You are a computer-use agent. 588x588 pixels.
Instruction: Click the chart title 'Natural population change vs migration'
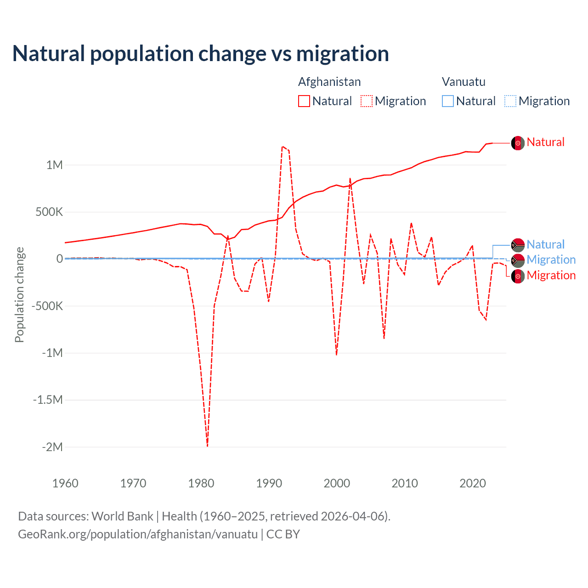tap(200, 54)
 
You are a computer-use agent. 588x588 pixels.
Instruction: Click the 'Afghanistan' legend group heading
tap(329, 82)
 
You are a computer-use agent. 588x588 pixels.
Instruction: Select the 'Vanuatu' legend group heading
tap(464, 82)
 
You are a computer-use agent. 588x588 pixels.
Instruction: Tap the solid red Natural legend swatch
tap(304, 101)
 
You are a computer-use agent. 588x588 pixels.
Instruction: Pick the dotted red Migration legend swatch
tap(367, 101)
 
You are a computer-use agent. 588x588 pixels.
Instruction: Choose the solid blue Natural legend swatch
tap(448, 101)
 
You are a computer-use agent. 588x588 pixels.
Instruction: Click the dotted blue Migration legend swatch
tap(510, 101)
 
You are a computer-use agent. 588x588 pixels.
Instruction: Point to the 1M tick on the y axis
tap(54, 165)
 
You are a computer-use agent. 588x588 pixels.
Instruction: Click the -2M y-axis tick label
tap(52, 447)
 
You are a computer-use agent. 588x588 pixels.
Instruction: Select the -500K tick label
tap(47, 306)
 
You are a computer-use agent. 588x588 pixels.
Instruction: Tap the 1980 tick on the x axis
tap(201, 483)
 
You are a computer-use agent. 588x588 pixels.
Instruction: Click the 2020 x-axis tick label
tap(473, 483)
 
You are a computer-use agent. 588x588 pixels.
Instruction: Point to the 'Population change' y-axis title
tap(19, 294)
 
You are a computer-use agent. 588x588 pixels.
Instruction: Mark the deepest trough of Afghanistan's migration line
tap(207, 446)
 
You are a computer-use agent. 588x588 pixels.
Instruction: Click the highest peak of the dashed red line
tap(283, 147)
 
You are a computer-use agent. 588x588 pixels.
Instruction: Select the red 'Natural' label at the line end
tap(545, 142)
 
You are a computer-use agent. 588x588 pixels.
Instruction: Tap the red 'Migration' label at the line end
tap(551, 276)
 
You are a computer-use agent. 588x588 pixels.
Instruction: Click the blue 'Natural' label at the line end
tap(545, 245)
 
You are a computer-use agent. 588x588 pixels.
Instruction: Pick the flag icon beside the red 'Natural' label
tap(518, 143)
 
